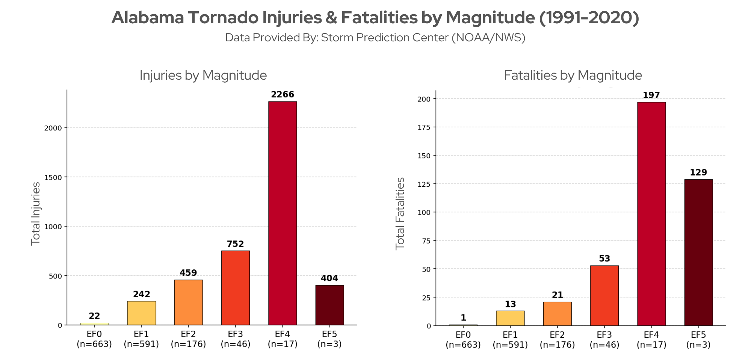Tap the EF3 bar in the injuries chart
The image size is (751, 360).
tap(236, 288)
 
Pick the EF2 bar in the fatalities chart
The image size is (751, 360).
tap(558, 314)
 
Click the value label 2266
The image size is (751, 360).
tap(283, 95)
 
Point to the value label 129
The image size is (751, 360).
tap(698, 172)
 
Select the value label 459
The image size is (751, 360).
tap(188, 273)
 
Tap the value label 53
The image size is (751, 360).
tap(604, 259)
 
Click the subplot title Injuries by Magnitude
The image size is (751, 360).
tap(203, 75)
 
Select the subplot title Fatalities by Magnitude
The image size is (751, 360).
tap(573, 75)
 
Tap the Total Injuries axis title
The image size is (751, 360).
tap(36, 213)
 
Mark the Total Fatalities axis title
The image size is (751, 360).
tap(400, 213)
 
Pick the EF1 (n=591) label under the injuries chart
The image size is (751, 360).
tap(141, 339)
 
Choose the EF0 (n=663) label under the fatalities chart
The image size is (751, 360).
tap(463, 340)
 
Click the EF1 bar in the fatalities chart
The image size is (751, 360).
tap(510, 318)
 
